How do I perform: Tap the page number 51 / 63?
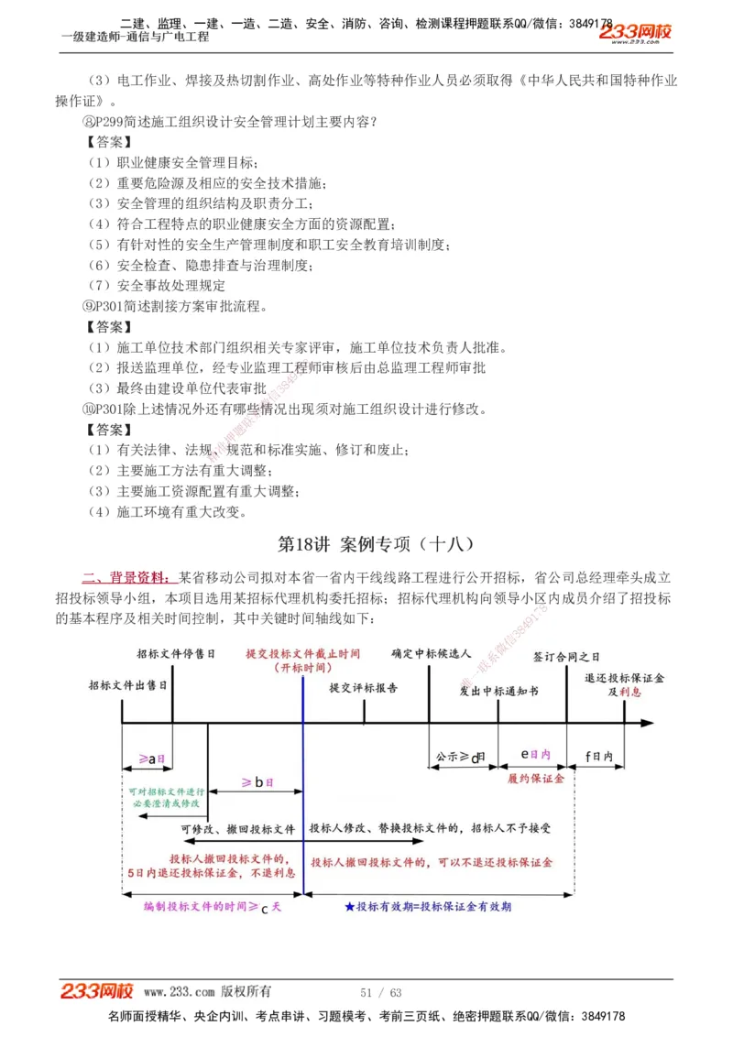[x=382, y=992]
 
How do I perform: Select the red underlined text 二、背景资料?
[x=126, y=577]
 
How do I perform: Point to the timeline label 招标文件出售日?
[x=128, y=685]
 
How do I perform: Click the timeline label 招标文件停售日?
[x=176, y=654]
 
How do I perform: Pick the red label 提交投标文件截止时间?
[x=303, y=654]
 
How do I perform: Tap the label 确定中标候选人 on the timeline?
[x=431, y=654]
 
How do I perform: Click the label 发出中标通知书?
[x=498, y=690]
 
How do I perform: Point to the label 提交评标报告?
[x=364, y=688]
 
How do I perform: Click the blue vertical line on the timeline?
[x=302, y=806]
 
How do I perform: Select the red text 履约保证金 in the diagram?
[x=535, y=778]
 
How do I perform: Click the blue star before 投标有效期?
[x=350, y=906]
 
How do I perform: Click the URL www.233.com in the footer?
[x=180, y=992]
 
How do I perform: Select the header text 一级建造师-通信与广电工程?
[x=135, y=37]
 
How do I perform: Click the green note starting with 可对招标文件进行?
[x=167, y=796]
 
